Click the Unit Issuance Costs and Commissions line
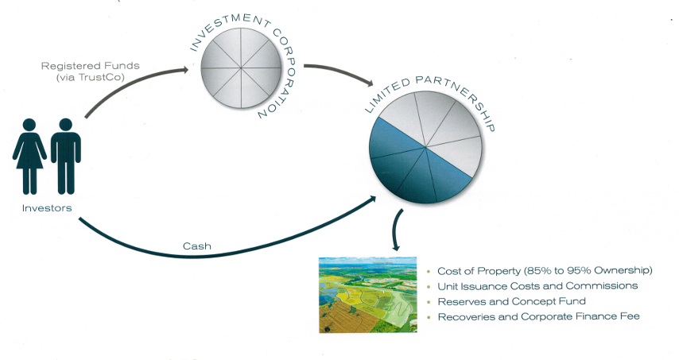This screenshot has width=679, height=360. tap(537, 286)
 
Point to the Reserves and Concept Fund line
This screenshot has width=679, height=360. tap(511, 301)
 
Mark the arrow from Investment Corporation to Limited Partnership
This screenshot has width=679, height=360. tap(342, 74)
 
